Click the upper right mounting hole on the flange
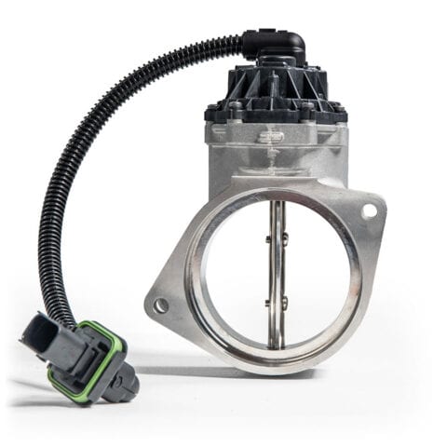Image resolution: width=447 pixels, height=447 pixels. [370, 211]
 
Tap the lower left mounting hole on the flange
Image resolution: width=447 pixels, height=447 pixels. [163, 305]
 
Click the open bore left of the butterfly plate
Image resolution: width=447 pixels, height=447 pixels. [233, 270]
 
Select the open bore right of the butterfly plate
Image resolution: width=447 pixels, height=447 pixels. [317, 270]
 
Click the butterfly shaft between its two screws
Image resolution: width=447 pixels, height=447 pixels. [275, 271]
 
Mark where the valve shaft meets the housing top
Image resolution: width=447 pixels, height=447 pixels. [277, 198]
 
